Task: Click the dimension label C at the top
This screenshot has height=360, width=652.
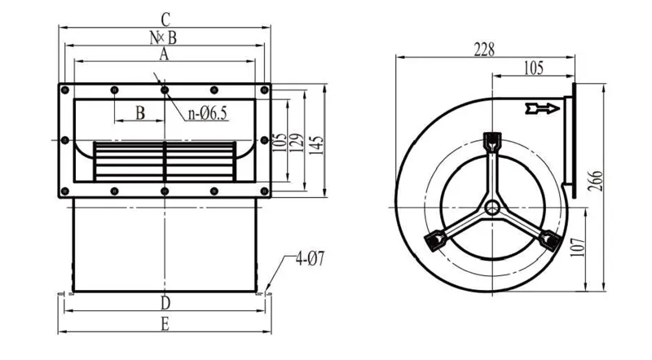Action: [x=165, y=20]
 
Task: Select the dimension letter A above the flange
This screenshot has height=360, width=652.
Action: [x=165, y=54]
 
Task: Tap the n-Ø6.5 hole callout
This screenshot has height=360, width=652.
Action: [x=208, y=113]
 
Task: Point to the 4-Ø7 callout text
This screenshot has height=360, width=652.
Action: [x=310, y=259]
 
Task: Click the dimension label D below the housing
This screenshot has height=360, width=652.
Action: [x=165, y=303]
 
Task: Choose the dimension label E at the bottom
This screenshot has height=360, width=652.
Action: [x=165, y=325]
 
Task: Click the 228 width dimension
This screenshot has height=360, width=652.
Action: [x=484, y=50]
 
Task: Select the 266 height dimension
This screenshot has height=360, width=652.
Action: [x=597, y=181]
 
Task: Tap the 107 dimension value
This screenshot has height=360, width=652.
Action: [x=578, y=248]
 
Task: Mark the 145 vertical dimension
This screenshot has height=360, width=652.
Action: [x=316, y=146]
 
